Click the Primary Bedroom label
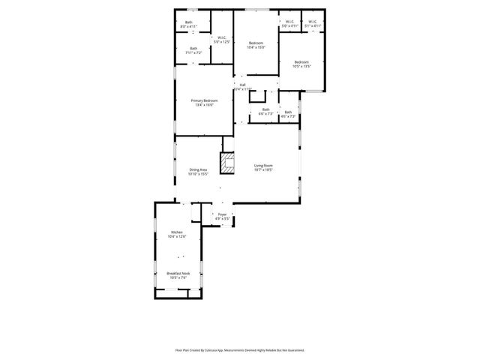click(x=204, y=100)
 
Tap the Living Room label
click(x=262, y=165)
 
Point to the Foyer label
click(x=221, y=214)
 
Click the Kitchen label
click(x=176, y=232)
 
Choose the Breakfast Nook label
click(x=178, y=273)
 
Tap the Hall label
click(x=242, y=85)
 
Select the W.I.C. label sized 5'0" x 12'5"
click(x=221, y=37)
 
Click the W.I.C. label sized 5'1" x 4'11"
click(x=313, y=22)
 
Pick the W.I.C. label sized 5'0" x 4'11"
click(x=290, y=22)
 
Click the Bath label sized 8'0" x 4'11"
click(x=188, y=22)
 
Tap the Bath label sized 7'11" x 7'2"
click(x=193, y=49)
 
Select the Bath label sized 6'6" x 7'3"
click(x=265, y=109)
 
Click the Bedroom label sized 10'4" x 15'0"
click(x=256, y=43)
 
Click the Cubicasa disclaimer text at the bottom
click(x=240, y=349)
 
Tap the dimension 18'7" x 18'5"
click(x=262, y=170)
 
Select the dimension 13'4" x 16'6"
click(x=204, y=106)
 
